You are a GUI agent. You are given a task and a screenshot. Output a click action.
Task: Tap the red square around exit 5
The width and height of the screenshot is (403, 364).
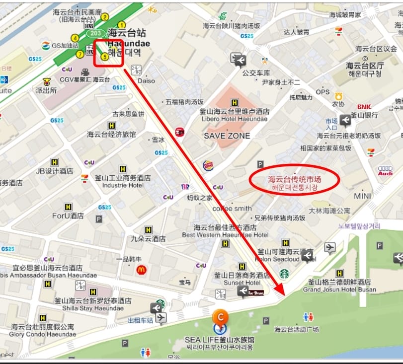click(x=108, y=53)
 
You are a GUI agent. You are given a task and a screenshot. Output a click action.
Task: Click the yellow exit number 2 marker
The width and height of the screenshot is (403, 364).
click(x=105, y=17)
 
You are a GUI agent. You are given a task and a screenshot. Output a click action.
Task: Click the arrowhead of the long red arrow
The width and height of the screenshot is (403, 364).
click(x=280, y=290)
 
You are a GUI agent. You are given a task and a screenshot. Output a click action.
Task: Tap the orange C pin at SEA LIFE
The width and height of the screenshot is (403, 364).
click(x=220, y=316)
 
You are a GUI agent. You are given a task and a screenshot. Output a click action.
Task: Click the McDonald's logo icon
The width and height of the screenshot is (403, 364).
click(x=141, y=270)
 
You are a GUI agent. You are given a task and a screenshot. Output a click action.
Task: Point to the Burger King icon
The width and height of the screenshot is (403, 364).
click(x=208, y=165)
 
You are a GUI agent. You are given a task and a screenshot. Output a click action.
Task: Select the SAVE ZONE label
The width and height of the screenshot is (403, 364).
click(x=227, y=136)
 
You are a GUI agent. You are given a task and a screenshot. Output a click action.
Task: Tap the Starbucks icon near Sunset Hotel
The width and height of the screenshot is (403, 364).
click(x=284, y=273)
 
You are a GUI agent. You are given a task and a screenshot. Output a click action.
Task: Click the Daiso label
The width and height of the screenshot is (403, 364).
click(x=146, y=80)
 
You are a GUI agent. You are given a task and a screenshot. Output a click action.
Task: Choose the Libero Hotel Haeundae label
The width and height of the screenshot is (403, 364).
click(x=235, y=119)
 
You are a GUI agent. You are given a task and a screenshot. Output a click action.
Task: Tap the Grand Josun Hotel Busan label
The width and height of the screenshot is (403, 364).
click(x=339, y=290)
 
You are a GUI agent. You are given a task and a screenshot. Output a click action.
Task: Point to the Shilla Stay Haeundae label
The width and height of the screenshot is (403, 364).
click(x=93, y=308)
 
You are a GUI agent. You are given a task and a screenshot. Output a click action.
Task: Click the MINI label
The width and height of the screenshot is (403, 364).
click(x=363, y=196)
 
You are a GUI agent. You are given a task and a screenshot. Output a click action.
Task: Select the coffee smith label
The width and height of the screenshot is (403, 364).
click(x=232, y=209)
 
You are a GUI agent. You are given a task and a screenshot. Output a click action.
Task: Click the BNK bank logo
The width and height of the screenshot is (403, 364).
click(x=364, y=107)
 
